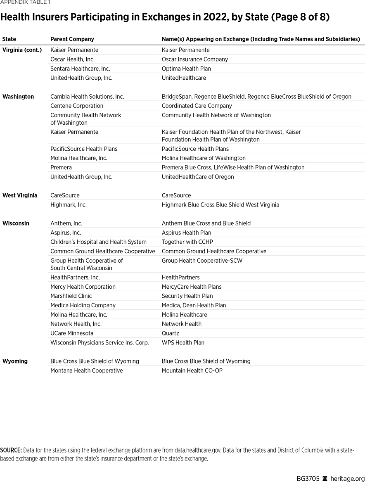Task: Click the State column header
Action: click(9, 39)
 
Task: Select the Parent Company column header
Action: click(72, 39)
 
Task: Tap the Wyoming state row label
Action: click(15, 361)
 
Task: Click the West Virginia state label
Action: click(20, 195)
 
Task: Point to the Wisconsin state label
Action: click(16, 223)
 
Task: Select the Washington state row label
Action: click(18, 97)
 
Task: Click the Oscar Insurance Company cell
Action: click(195, 59)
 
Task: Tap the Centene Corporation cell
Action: click(77, 106)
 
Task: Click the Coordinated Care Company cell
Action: click(197, 106)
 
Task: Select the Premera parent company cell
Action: click(61, 168)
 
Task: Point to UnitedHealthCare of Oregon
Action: click(198, 177)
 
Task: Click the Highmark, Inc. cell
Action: click(69, 205)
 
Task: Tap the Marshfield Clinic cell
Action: click(71, 296)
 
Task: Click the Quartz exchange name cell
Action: click(171, 333)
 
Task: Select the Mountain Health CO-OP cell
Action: click(192, 371)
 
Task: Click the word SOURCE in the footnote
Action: click(11, 450)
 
